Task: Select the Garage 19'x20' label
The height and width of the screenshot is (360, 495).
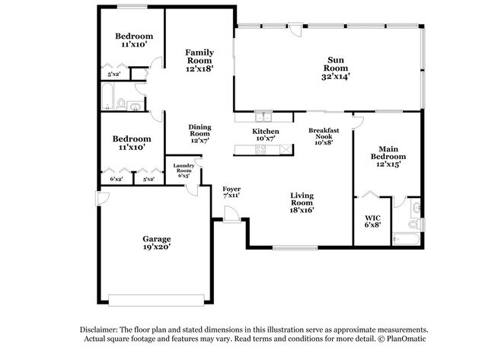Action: [156, 242]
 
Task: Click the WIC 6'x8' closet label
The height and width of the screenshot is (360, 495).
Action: [372, 221]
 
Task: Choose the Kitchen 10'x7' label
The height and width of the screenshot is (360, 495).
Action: [266, 135]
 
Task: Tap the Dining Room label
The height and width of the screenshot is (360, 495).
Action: [200, 133]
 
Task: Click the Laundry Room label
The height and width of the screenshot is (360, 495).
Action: [184, 170]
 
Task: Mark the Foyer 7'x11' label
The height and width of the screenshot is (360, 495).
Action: [232, 192]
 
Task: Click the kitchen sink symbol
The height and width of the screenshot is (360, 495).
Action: [263, 116]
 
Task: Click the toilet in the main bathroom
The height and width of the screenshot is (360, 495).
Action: [413, 226]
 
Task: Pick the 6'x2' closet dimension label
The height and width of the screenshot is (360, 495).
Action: [117, 179]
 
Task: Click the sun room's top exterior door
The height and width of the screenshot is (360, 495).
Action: [294, 28]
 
